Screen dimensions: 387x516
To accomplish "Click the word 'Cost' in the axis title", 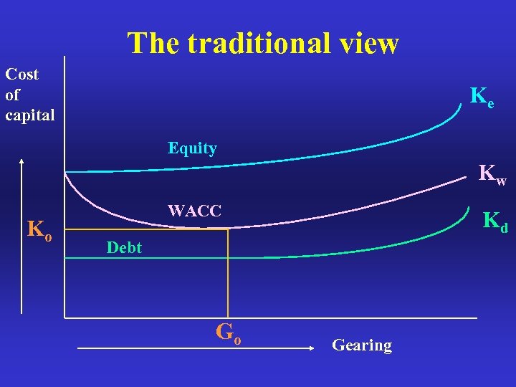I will click(x=22, y=75).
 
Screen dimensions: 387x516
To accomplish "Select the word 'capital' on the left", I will click(x=30, y=115).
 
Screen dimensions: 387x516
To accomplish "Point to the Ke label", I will click(x=482, y=97).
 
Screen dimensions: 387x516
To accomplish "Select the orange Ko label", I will click(x=39, y=229).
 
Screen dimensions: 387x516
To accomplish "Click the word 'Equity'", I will click(x=192, y=148).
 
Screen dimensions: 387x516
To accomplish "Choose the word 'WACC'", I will click(x=194, y=211).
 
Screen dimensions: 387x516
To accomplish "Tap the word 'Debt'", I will click(x=123, y=248).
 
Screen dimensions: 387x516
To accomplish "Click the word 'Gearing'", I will click(x=362, y=345).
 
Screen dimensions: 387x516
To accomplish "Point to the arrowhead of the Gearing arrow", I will click(x=312, y=348).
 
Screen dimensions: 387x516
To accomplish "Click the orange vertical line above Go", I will click(x=227, y=272).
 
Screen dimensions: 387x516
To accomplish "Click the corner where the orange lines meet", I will click(x=227, y=229).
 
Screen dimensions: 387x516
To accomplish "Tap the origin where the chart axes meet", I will click(x=64, y=317).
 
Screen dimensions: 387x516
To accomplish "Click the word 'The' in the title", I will click(x=153, y=44).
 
